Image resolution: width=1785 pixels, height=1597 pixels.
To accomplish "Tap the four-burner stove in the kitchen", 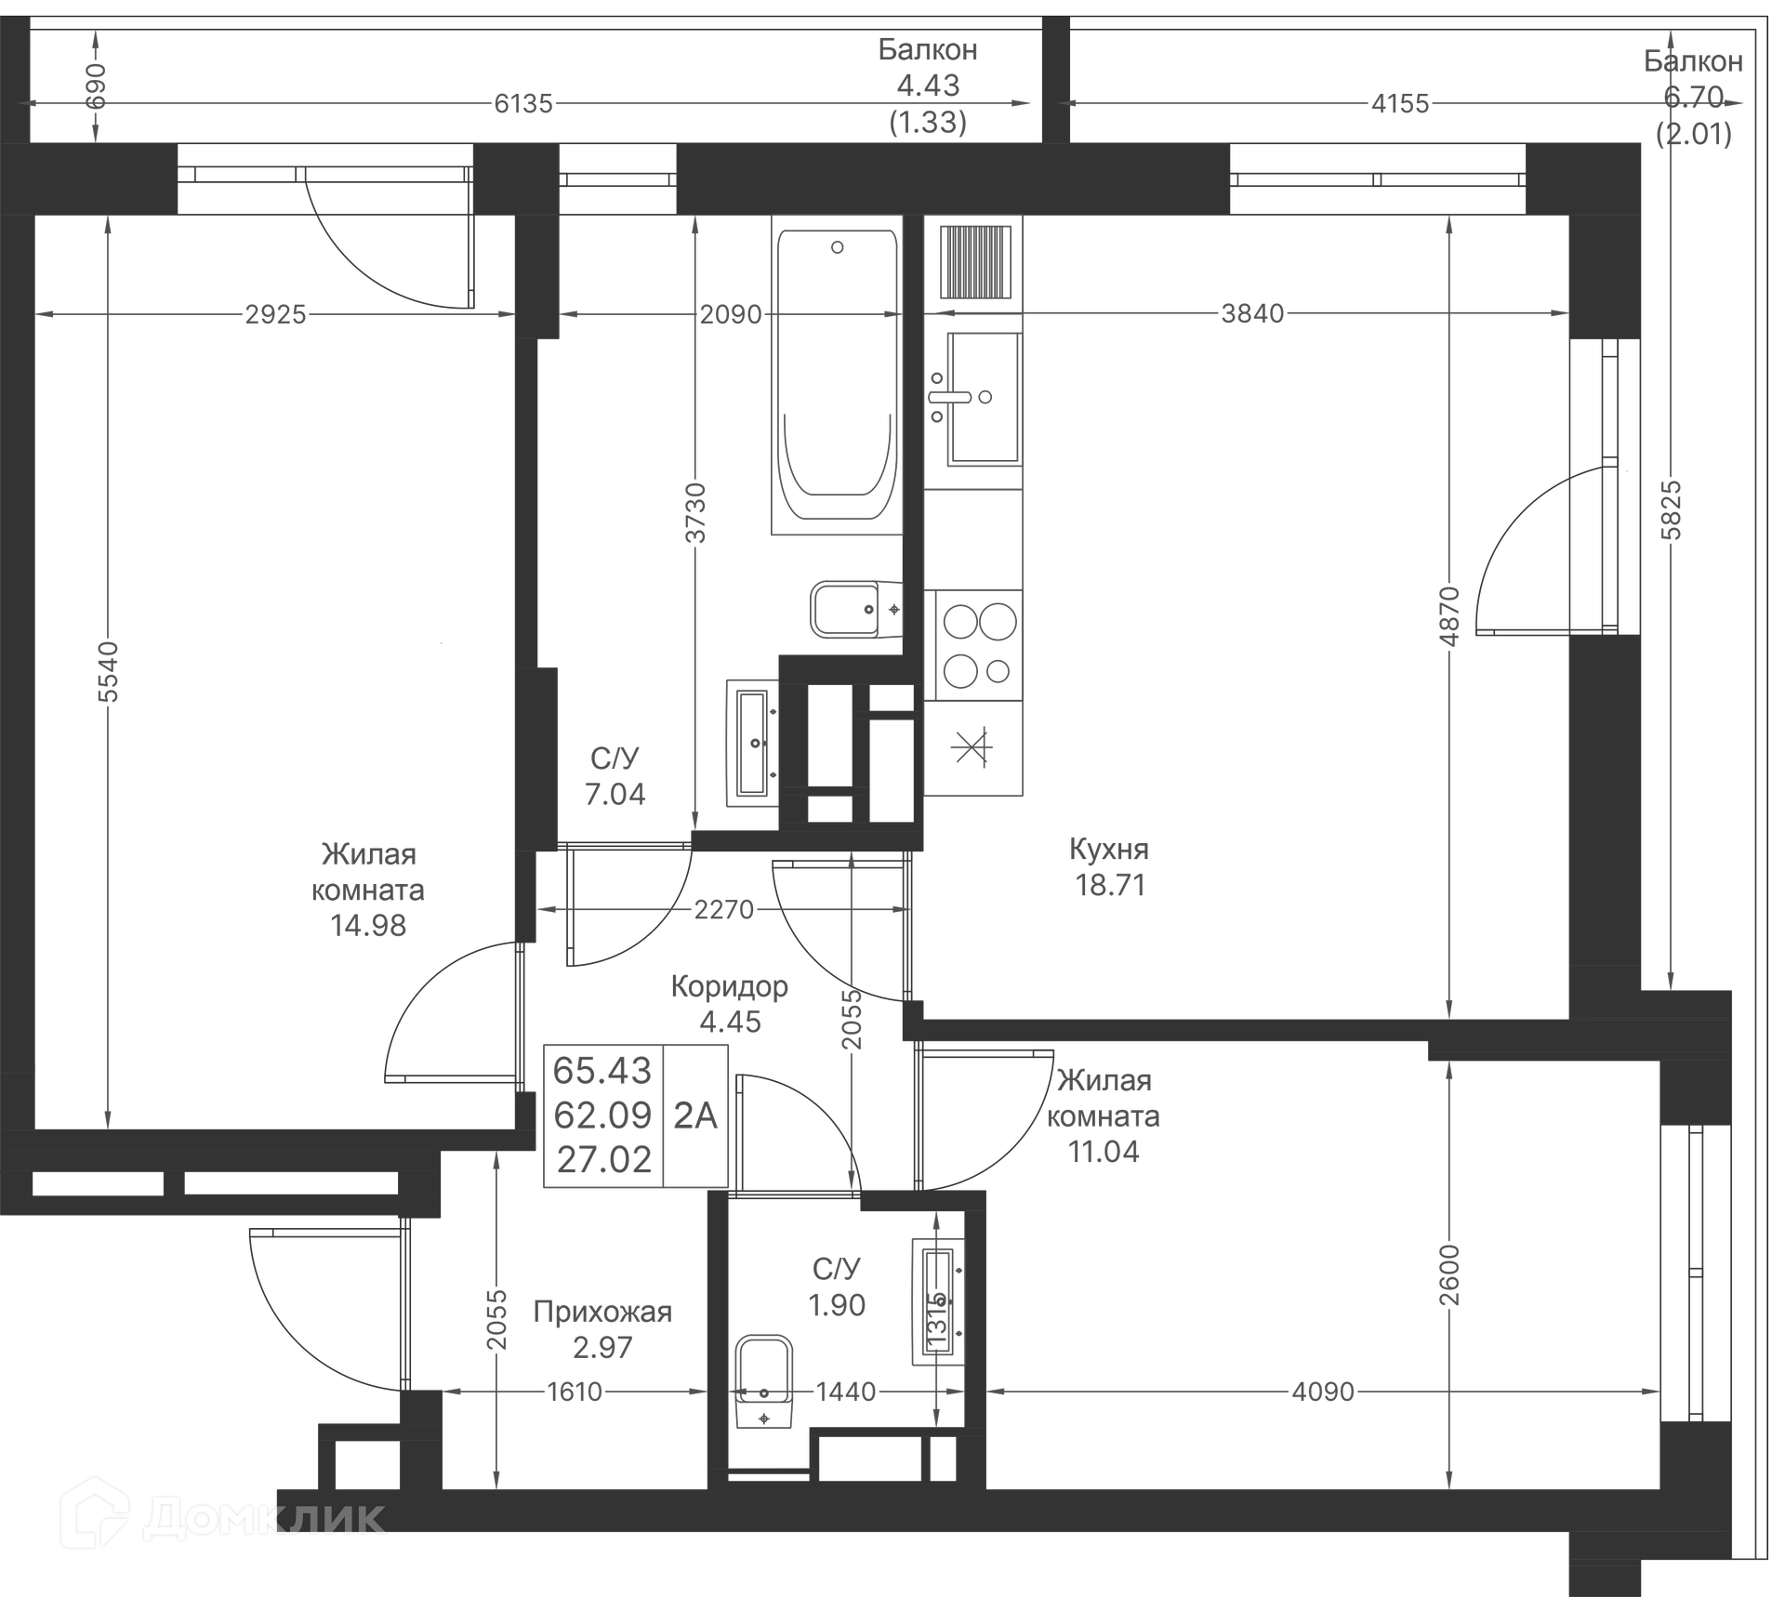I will point(974,645).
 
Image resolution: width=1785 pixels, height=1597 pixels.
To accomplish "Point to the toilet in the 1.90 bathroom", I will point(764,1380).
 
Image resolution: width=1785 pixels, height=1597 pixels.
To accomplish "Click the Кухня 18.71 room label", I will point(1109,866).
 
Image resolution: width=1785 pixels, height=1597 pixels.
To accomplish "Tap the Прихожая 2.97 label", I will point(602,1329).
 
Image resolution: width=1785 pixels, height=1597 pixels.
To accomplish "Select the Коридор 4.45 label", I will point(730,1004).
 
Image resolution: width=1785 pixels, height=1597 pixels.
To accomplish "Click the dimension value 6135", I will point(522,103).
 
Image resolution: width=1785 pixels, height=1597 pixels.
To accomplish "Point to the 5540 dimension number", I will point(109,672).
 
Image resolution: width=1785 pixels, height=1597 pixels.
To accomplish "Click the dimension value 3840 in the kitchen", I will point(1252,314).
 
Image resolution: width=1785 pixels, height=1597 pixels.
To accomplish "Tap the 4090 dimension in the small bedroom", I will point(1322,1392).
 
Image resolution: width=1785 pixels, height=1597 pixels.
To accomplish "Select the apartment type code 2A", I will point(695,1115).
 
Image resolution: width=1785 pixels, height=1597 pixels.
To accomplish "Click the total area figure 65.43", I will point(602,1071).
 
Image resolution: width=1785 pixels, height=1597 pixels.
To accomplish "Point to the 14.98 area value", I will point(368,926).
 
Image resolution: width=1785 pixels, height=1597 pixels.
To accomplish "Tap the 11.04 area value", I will point(1104,1152).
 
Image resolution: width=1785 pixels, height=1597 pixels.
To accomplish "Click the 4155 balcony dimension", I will point(1399,103).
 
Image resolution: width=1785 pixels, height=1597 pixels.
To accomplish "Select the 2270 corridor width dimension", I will point(723,909).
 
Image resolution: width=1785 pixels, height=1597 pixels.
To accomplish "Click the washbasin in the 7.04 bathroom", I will point(752,743).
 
